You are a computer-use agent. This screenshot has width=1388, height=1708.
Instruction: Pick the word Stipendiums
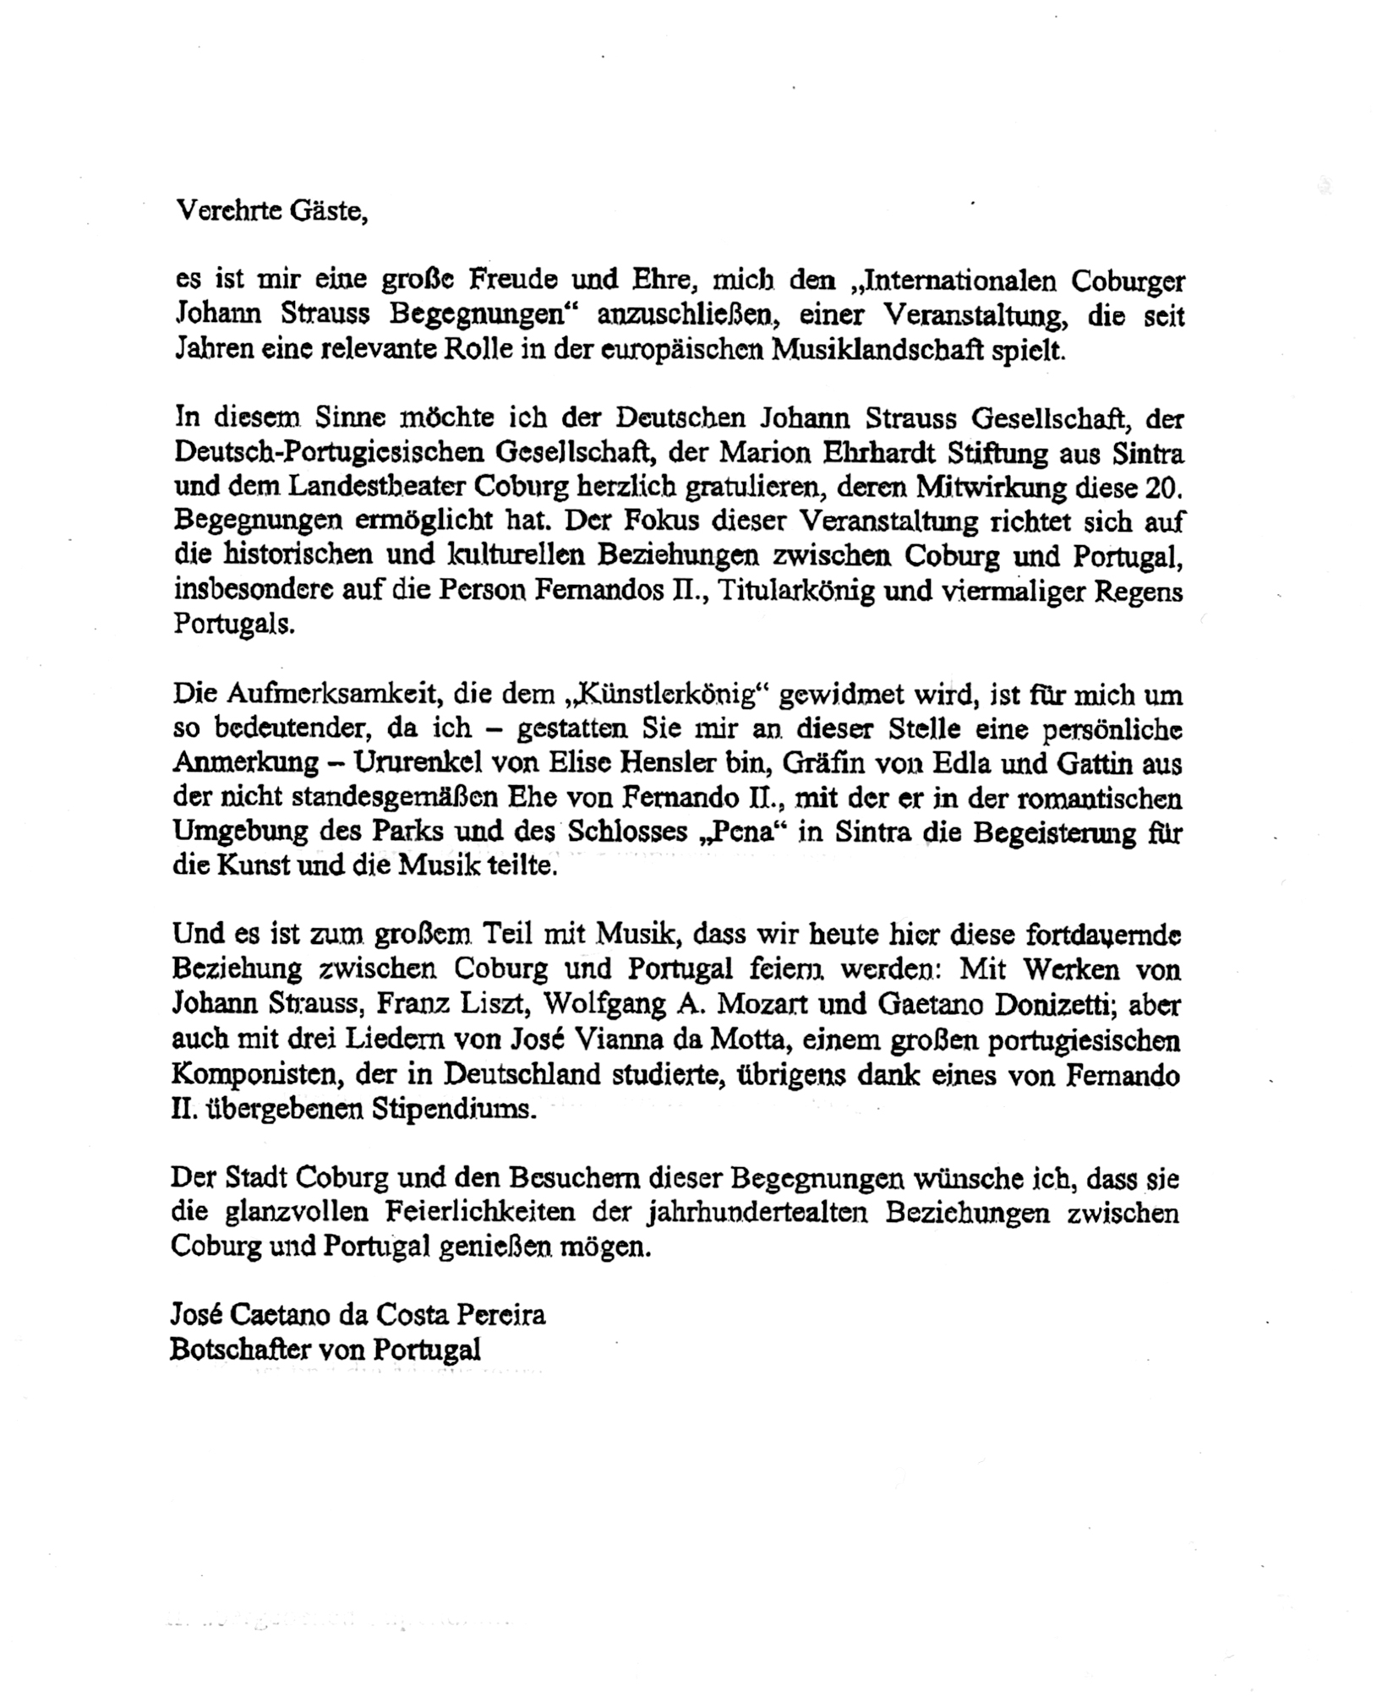click(455, 1108)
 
